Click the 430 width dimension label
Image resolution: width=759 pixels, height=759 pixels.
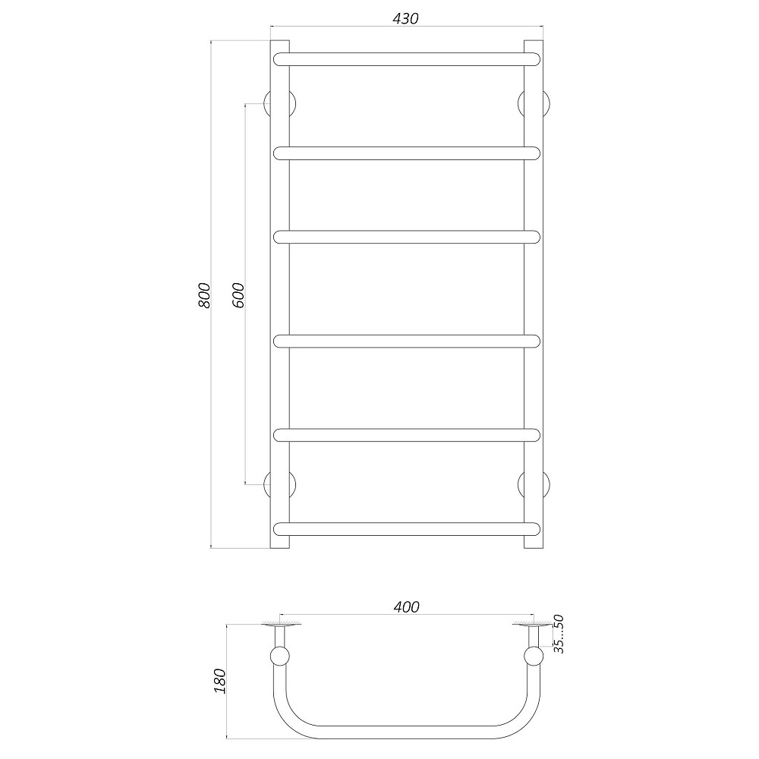click(x=406, y=18)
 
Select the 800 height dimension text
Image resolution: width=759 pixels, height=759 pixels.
click(x=203, y=295)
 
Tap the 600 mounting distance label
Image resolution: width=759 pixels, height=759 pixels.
click(x=238, y=294)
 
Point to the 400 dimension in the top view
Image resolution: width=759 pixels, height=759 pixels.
click(x=406, y=606)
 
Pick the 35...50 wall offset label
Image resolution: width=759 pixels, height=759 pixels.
click(x=559, y=635)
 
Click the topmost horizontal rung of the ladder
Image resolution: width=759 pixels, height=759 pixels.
click(x=407, y=58)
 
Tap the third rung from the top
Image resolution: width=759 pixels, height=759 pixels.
click(x=407, y=237)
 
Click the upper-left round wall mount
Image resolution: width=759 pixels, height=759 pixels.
click(x=278, y=104)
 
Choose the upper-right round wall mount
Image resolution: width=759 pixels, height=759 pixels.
click(x=534, y=104)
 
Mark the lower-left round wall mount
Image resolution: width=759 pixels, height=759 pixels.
click(x=278, y=483)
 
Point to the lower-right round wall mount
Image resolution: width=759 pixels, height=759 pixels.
click(x=534, y=483)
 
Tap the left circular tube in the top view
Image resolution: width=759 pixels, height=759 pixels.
click(x=279, y=657)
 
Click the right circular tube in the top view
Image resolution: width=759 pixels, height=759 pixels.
click(x=534, y=657)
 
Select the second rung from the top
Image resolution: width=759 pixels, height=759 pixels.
click(x=407, y=153)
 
